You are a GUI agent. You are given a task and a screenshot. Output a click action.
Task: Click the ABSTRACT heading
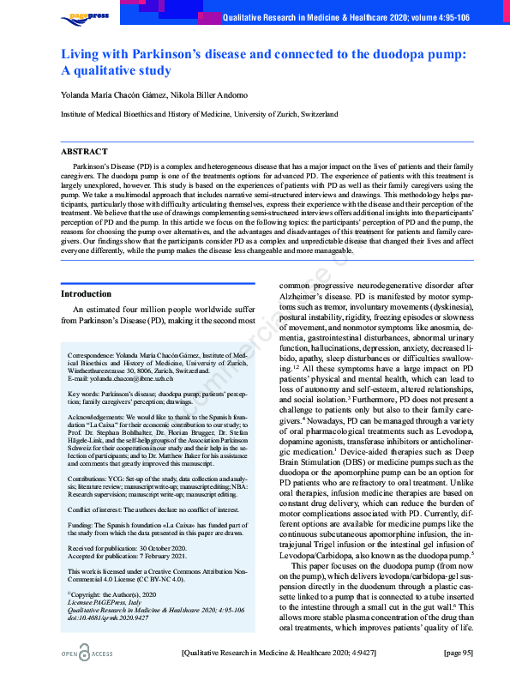[84, 151]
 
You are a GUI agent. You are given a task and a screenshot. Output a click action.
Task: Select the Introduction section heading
[87, 293]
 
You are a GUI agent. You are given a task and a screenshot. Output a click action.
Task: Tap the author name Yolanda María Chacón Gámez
[115, 94]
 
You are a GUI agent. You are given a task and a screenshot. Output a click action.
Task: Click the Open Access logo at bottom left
[89, 654]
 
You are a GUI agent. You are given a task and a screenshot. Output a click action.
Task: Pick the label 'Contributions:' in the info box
[90, 474]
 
